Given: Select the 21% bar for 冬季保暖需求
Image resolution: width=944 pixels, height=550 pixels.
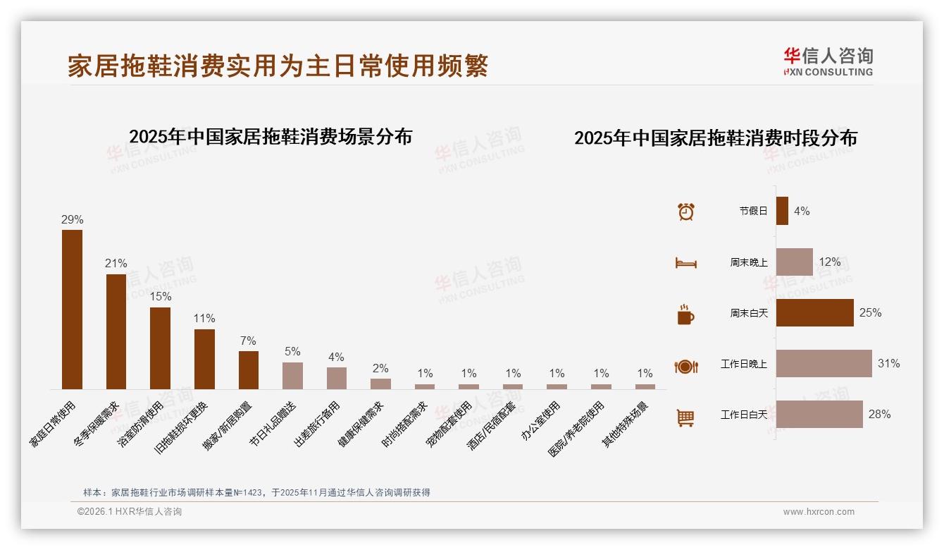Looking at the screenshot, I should (x=116, y=331).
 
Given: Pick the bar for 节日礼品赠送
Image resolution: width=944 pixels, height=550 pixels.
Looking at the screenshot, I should (x=292, y=376).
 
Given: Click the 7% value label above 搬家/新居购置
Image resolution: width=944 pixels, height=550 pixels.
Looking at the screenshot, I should (x=248, y=341).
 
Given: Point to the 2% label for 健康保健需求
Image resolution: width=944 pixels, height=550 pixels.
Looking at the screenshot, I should (x=380, y=368).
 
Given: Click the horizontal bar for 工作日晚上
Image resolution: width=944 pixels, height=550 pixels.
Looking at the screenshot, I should (x=824, y=364).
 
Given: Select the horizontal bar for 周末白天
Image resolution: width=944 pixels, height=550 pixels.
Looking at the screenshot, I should (x=814, y=313).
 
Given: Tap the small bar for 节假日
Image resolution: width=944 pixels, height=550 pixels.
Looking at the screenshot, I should (x=782, y=211).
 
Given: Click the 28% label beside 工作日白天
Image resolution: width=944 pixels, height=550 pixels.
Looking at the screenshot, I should (x=879, y=415).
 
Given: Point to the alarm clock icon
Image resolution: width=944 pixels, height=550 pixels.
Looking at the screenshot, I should (x=685, y=212).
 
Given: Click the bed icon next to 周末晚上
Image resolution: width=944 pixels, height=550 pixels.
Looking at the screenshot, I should (x=685, y=263).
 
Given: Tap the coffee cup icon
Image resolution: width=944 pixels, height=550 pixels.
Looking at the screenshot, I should (x=685, y=314).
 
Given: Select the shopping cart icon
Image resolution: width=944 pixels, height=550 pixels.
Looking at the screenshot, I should (x=685, y=417).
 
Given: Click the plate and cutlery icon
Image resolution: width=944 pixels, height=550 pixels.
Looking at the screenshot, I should (x=685, y=366).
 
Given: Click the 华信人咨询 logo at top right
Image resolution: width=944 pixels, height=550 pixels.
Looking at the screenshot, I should (x=828, y=61).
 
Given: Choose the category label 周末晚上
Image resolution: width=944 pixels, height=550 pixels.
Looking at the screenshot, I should (x=748, y=262).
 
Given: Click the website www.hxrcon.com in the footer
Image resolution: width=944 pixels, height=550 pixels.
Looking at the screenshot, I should (x=819, y=512).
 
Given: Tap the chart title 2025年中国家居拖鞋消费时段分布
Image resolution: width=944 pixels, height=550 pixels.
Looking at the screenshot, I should (x=715, y=138).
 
